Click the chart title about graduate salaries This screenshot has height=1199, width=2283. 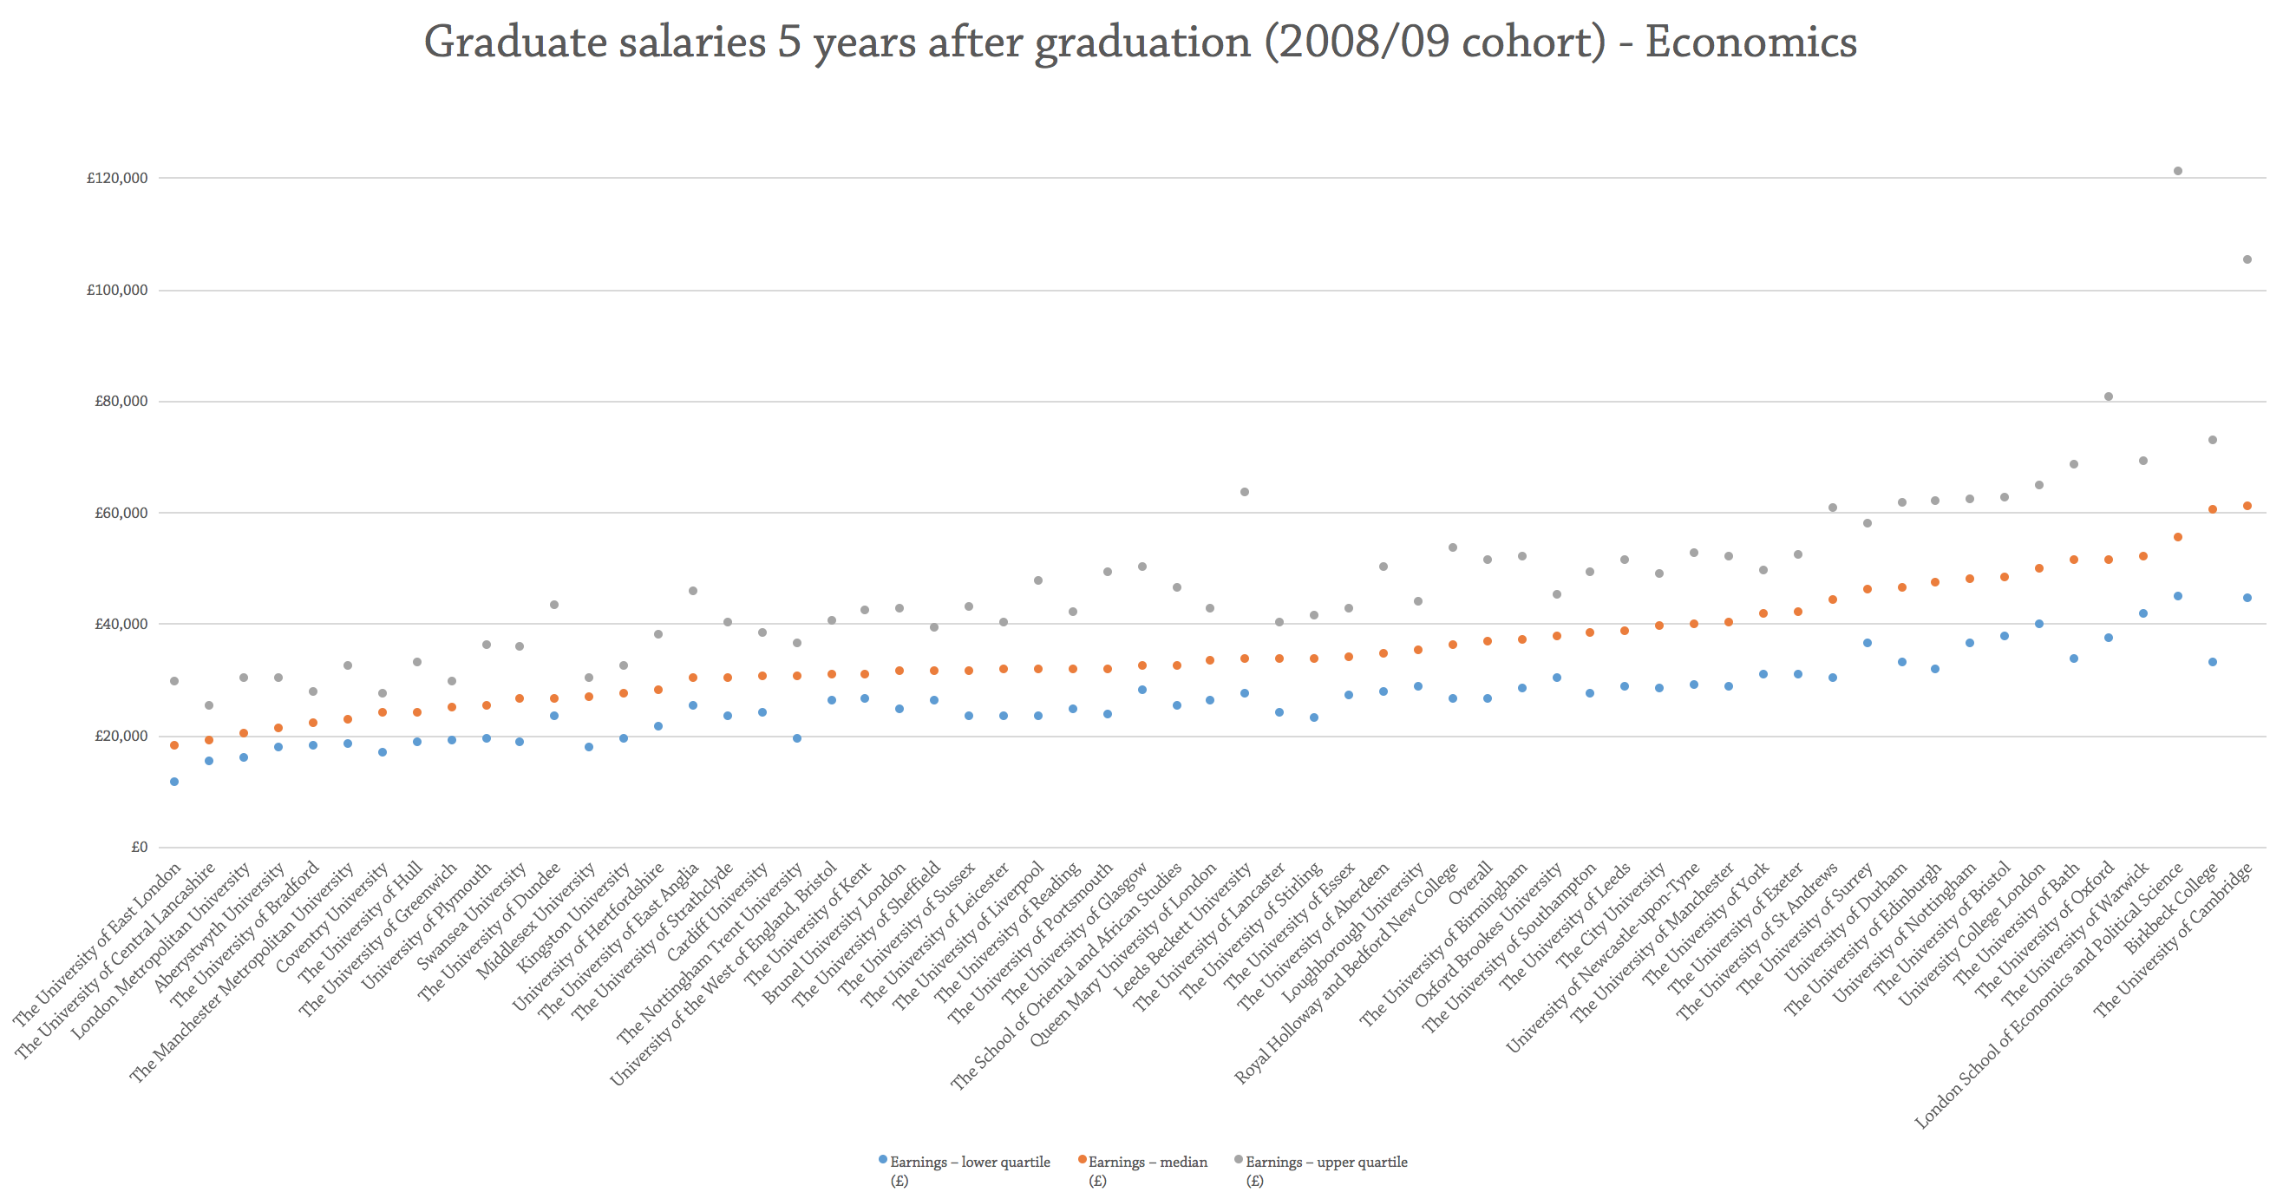coord(1141,43)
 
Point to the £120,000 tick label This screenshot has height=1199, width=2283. coord(117,178)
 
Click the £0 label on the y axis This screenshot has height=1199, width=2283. coord(138,847)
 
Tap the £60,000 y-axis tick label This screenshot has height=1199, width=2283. coord(121,513)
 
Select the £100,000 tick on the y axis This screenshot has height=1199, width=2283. coord(117,290)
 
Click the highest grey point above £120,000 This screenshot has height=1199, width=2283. coord(2177,171)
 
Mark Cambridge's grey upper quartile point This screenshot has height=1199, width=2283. coord(2247,259)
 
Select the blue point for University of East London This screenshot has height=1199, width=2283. coord(174,782)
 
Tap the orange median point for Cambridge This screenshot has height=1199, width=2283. coord(2247,506)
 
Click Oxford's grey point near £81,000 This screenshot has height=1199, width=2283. coord(2109,397)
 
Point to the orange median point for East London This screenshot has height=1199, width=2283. coord(174,745)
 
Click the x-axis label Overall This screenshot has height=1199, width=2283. coord(1471,882)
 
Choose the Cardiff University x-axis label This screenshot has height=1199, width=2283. coord(718,913)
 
